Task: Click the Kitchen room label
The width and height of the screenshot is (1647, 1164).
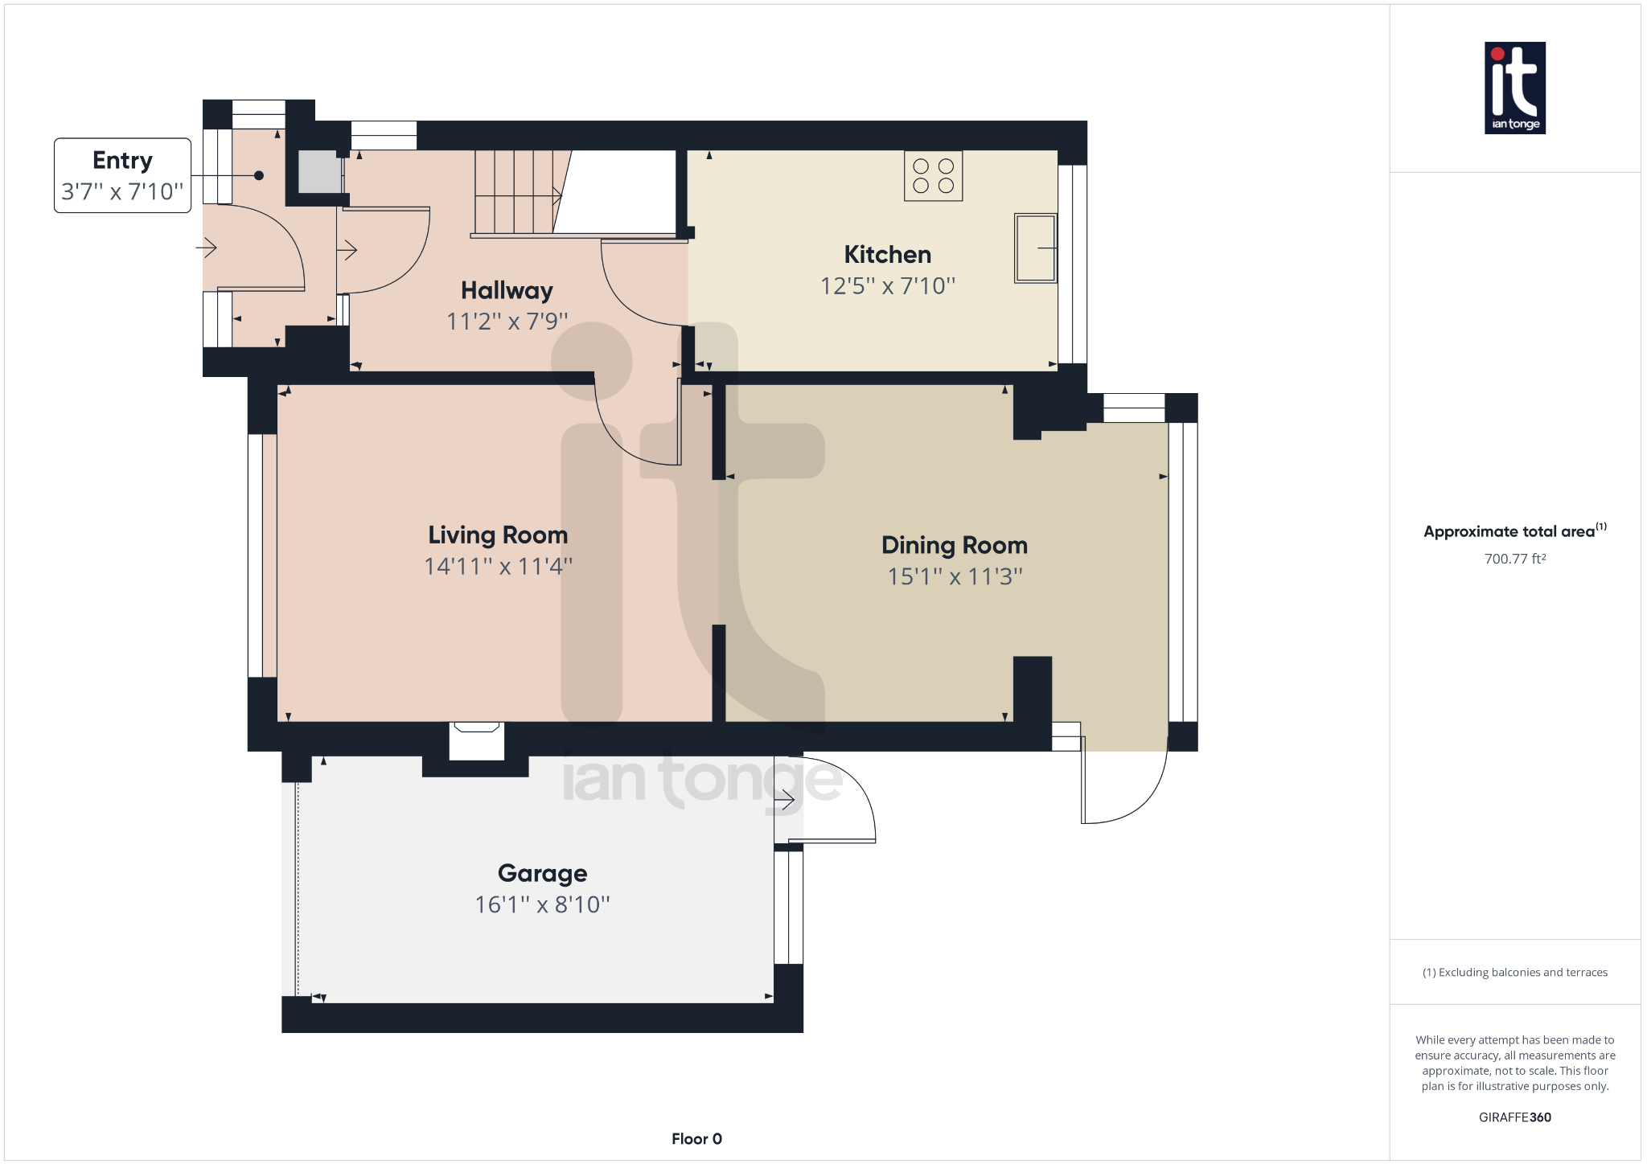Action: pos(887,255)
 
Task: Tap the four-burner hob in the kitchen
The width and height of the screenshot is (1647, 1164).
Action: pos(933,176)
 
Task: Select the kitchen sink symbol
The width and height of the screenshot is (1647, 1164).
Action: pos(1035,248)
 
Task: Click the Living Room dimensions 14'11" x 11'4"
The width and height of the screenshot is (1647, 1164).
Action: pos(498,567)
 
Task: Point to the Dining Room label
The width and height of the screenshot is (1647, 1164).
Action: pos(954,545)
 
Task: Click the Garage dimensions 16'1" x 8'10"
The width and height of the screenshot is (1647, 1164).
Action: pos(542,905)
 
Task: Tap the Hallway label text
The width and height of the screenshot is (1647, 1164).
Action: pos(507,290)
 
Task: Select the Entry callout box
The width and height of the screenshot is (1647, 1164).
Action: pos(122,175)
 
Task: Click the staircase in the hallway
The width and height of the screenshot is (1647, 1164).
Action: pos(515,193)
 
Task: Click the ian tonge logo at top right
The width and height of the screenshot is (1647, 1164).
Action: pos(1514,88)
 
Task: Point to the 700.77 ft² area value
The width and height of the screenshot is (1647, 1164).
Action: pos(1514,559)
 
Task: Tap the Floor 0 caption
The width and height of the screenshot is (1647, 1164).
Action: pos(696,1138)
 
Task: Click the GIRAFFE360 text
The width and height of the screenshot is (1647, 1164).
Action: pos(1514,1117)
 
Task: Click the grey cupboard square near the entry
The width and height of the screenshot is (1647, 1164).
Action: pos(319,171)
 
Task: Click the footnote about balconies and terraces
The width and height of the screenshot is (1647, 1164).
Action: pos(1514,973)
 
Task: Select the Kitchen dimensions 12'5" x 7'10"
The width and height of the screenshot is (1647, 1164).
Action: pos(887,286)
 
